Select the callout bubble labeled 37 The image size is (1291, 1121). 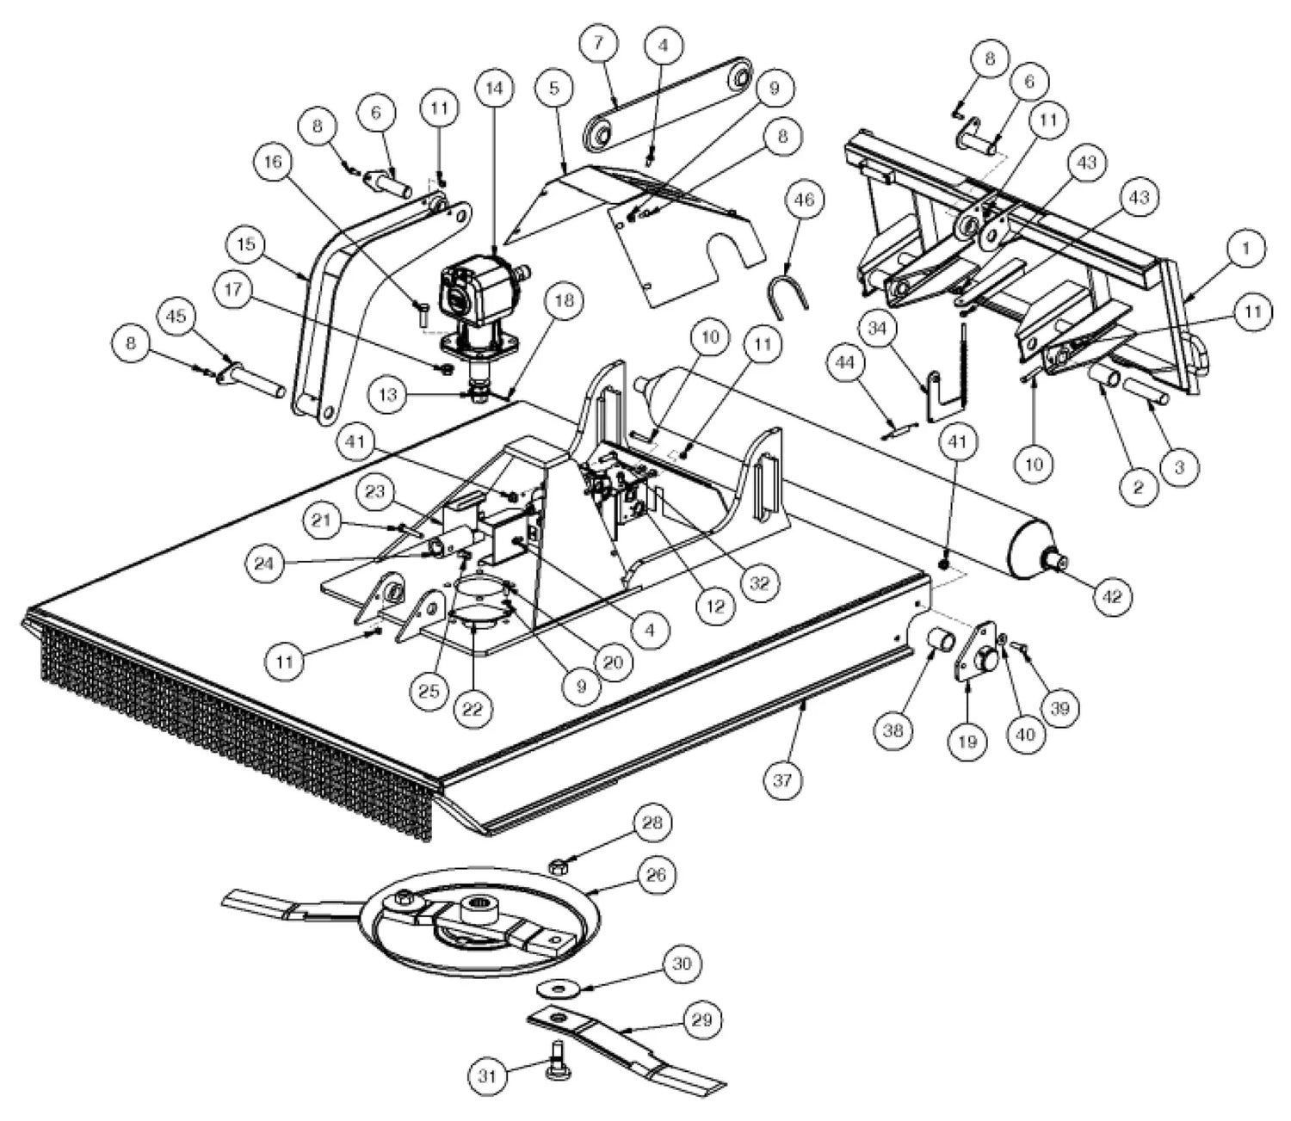[x=784, y=780]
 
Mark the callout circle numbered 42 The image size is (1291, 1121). [x=1112, y=595]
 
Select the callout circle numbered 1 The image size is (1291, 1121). [x=1245, y=249]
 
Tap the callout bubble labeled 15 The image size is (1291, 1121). [x=246, y=245]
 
